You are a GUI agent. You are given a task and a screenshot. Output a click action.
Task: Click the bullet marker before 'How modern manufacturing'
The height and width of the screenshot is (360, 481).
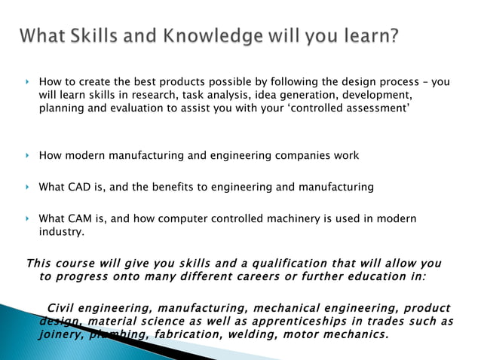pos(26,156)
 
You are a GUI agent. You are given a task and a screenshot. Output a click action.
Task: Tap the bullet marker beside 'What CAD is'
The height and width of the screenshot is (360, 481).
pos(26,187)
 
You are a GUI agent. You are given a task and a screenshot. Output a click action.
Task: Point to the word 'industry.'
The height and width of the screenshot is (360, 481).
pos(62,231)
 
